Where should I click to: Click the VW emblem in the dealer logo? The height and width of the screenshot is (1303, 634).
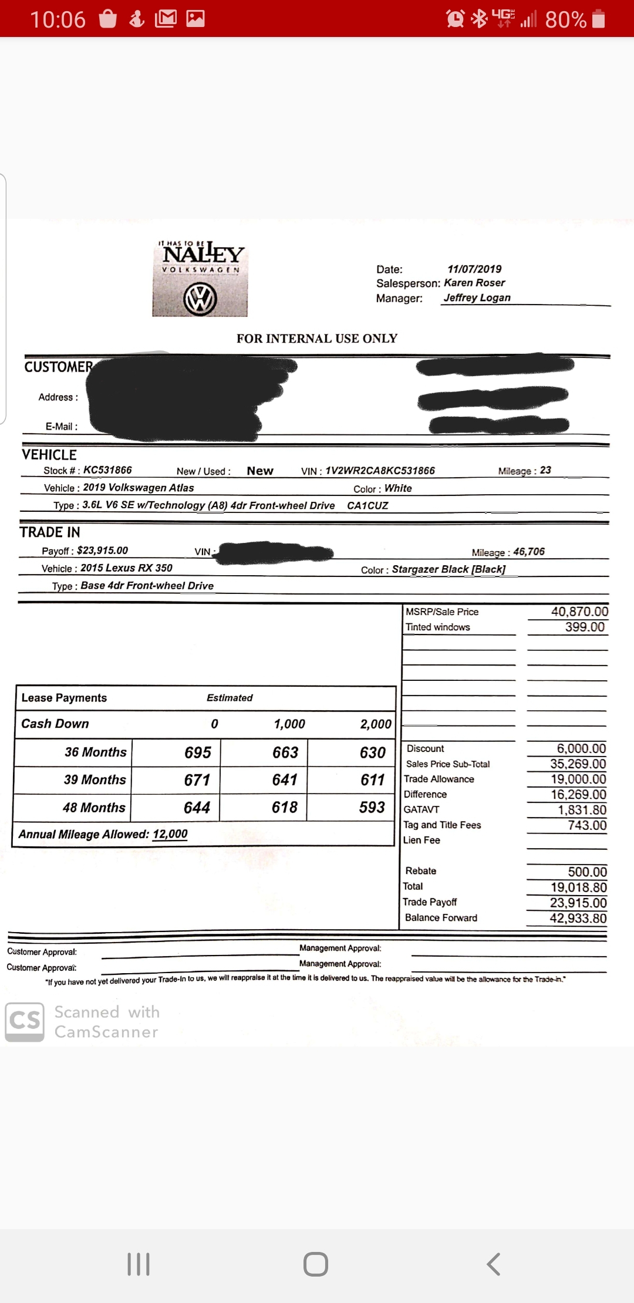pos(200,299)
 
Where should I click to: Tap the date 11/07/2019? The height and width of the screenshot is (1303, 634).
pos(474,269)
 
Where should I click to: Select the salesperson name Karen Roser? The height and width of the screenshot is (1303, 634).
pos(474,283)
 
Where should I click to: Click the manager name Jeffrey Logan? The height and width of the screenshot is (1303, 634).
pos(477,298)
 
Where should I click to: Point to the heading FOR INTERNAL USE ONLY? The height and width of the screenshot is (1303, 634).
pos(317,339)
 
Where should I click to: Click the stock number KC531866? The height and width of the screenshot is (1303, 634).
pos(107,470)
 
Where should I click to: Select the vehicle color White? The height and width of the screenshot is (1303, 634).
pos(398,488)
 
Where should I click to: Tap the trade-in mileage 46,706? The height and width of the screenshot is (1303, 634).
pos(528,552)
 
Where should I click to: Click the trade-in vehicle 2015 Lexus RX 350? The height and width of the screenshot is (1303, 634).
pos(126,568)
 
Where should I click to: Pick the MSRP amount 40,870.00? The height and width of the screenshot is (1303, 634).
pos(579,612)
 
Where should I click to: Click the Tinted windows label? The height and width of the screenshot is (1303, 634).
pos(438,627)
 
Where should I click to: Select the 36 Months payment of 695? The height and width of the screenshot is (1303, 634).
pos(198,752)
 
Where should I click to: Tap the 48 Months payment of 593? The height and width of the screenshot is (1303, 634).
pos(372,808)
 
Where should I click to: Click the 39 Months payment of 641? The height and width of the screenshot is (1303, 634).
pos(285,780)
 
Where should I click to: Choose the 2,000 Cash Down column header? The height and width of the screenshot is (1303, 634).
pos(376,724)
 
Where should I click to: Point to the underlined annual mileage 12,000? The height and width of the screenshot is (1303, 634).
pos(170,834)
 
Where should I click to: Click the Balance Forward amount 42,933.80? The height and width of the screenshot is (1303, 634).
pos(578,919)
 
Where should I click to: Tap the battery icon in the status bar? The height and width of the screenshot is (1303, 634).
pos(599,19)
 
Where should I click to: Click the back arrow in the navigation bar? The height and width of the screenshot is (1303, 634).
pos(494,1264)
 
